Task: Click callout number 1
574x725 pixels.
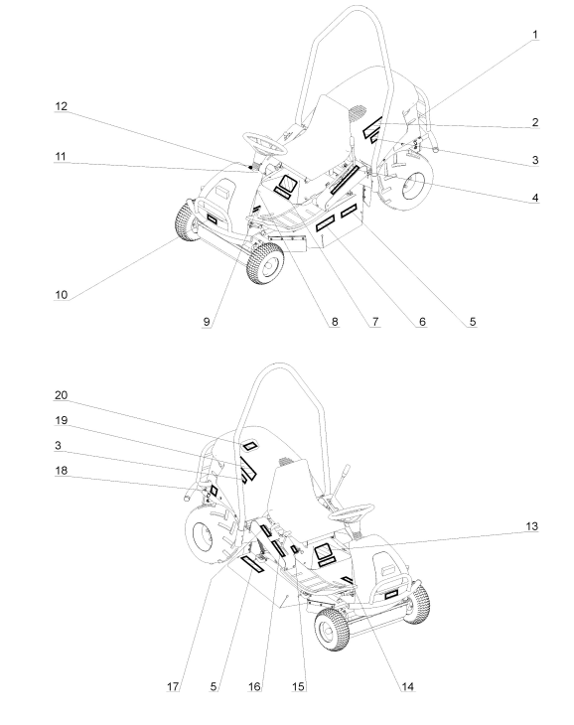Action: click(535, 35)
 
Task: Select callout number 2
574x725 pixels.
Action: click(535, 122)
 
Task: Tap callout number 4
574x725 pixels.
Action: click(535, 198)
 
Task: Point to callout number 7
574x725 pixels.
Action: click(375, 322)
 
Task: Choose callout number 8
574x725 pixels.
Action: click(335, 322)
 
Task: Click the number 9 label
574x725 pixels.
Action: click(207, 322)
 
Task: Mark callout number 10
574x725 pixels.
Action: click(62, 295)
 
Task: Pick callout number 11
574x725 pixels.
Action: click(61, 157)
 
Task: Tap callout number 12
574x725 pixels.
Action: click(61, 106)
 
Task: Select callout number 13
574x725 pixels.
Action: click(532, 526)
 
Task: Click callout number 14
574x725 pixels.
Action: click(407, 686)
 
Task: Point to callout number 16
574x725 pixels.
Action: click(254, 686)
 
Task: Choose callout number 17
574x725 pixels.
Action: click(173, 686)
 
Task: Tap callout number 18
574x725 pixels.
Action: click(61, 471)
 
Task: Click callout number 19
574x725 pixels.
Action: click(61, 420)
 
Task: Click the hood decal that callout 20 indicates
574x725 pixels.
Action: click(250, 446)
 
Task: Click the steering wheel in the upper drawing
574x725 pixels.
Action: click(265, 143)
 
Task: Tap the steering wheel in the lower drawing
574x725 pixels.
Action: click(351, 512)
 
